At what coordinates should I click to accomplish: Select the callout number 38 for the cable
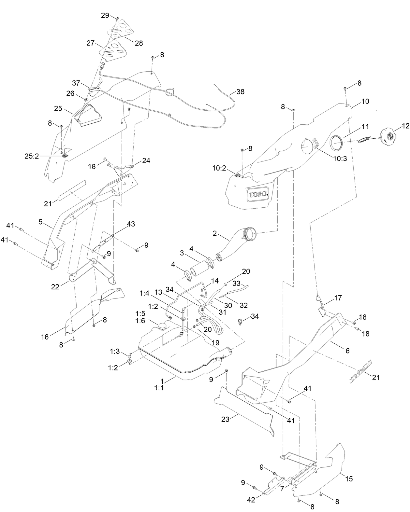pyautogui.click(x=240, y=92)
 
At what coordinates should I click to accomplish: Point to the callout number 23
pyautogui.click(x=226, y=419)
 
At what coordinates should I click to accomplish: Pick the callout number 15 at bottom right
pyautogui.click(x=349, y=479)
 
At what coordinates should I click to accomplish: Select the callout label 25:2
pyautogui.click(x=32, y=156)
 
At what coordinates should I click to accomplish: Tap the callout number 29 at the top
pyautogui.click(x=105, y=15)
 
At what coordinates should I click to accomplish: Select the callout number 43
pyautogui.click(x=131, y=224)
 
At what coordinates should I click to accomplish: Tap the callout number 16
pyautogui.click(x=45, y=337)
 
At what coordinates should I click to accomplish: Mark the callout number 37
pyautogui.click(x=76, y=83)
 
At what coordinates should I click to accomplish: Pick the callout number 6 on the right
pyautogui.click(x=347, y=351)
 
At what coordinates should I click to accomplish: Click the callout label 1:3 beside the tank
pyautogui.click(x=115, y=351)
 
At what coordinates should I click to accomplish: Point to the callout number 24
pyautogui.click(x=146, y=160)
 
